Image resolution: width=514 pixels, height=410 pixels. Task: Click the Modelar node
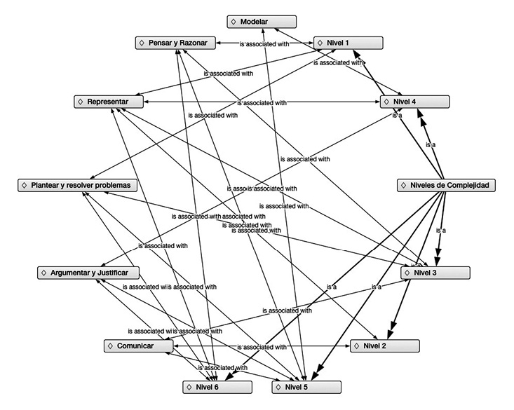coord(262,22)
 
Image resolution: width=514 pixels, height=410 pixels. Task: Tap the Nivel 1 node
coord(348,43)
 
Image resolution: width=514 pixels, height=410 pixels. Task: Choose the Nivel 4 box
coord(414,102)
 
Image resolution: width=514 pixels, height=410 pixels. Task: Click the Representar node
coord(109,102)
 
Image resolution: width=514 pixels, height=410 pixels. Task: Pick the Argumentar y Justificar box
coord(88,272)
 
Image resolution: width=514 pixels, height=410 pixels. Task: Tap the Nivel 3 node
coord(435,272)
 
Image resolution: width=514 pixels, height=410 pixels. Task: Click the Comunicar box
coord(138,346)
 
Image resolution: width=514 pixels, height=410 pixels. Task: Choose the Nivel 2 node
coord(384,346)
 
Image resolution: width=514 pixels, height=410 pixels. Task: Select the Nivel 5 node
coord(306,386)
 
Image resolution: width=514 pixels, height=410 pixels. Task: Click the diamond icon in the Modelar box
coord(234,22)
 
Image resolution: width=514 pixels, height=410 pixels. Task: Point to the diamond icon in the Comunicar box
coord(111,346)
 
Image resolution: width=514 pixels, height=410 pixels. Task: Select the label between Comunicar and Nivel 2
coord(262,346)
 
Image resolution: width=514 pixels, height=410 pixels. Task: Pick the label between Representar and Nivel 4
coord(262,103)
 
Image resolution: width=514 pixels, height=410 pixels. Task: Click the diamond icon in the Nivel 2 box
coord(357,346)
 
